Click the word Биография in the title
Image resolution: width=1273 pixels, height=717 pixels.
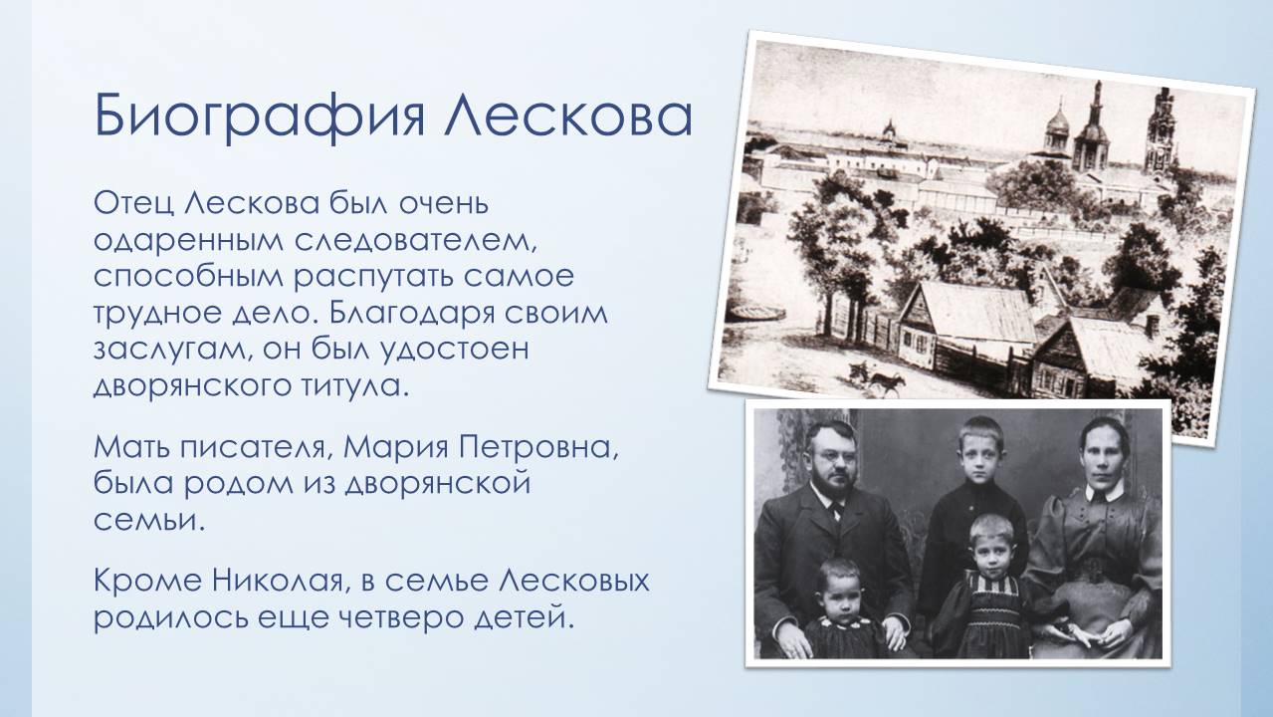pyautogui.click(x=260, y=118)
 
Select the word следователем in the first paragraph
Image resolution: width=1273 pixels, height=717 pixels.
pyautogui.click(x=415, y=241)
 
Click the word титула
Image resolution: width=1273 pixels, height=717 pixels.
pyautogui.click(x=353, y=386)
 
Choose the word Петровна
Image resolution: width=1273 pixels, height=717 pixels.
pyautogui.click(x=538, y=447)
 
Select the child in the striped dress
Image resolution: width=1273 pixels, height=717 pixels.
pyautogui.click(x=989, y=591)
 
